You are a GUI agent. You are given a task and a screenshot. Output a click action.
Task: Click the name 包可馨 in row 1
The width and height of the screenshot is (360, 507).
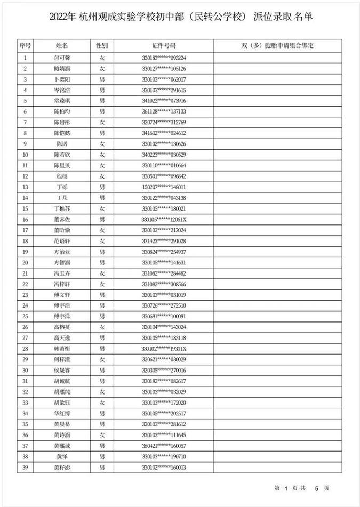point(62,58)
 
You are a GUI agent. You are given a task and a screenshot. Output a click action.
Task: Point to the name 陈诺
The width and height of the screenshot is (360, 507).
point(62,143)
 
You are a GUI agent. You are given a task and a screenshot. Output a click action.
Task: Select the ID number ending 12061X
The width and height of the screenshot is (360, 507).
point(164,219)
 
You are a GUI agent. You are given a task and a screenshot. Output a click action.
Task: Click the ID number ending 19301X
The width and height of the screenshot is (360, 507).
point(164,348)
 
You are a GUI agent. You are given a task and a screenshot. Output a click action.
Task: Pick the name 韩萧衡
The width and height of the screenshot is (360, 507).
point(62,348)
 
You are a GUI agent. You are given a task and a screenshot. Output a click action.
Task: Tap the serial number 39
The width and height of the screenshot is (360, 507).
point(25,467)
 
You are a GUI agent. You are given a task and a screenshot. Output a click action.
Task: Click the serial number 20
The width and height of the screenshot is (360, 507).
point(25,262)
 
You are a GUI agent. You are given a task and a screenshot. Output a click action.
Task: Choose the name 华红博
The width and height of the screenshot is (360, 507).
point(62,413)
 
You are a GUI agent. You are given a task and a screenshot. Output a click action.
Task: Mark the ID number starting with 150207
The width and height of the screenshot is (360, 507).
point(164,187)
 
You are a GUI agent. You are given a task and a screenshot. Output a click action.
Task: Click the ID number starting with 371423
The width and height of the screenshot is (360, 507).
point(164,240)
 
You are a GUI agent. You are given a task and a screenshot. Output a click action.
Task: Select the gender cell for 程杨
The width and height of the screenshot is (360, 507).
point(102,176)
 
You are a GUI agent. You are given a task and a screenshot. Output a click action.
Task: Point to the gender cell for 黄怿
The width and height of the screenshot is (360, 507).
point(102,456)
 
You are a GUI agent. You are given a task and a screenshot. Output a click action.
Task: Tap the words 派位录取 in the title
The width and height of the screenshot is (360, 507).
point(271,17)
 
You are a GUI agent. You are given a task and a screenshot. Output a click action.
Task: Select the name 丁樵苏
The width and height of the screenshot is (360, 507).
point(62,208)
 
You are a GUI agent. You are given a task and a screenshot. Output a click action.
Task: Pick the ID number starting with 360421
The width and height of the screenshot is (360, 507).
point(164,445)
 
